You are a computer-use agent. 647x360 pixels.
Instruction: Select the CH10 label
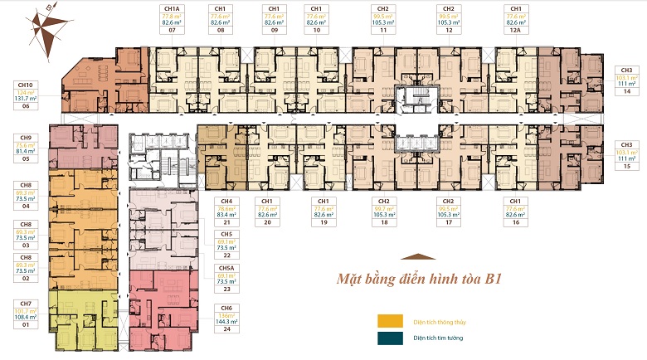(x=26, y=84)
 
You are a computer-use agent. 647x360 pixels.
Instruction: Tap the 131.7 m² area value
(x=26, y=98)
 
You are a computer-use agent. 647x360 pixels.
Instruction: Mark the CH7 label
(x=26, y=304)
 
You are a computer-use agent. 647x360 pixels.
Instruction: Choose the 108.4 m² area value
(x=26, y=317)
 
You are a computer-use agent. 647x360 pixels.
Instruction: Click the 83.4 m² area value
(x=223, y=215)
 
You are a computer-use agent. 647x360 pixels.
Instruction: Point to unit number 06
(x=26, y=105)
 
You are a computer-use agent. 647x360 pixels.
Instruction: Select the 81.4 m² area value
(x=26, y=151)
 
